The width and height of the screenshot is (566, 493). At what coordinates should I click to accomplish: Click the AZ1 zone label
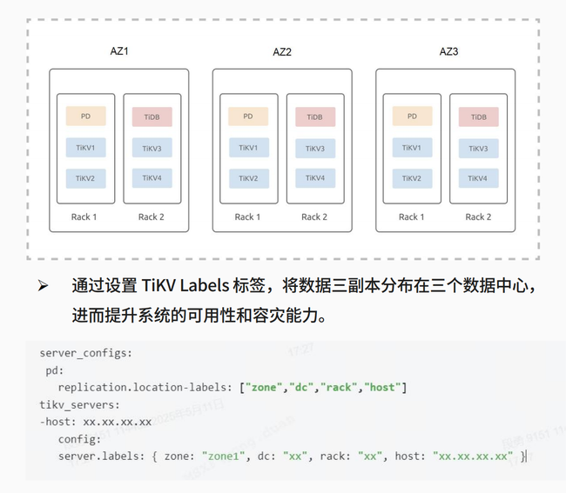point(119,51)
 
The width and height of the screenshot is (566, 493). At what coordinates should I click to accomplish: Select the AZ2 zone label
point(282,52)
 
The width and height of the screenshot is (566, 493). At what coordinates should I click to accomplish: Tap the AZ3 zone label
point(448,51)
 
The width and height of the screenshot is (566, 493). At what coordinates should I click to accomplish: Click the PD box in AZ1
point(85,116)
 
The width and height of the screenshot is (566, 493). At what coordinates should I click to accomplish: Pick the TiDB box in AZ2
point(315,117)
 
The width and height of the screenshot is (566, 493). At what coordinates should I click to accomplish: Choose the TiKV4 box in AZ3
point(478,178)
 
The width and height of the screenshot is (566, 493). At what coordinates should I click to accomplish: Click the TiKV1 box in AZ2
point(248,148)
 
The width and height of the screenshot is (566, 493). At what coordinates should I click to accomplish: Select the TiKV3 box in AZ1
point(152,149)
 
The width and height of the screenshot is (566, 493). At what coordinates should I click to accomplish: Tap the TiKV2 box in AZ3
point(412,178)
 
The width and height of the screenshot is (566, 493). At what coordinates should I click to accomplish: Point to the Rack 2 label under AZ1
point(152,217)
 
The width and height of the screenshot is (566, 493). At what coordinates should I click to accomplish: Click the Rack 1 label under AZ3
point(412,217)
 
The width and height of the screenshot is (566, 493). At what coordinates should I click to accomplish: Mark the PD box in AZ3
point(412,116)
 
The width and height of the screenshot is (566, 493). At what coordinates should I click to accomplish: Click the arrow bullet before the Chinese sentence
point(42,286)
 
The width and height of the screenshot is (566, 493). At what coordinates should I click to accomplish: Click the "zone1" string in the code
point(228,456)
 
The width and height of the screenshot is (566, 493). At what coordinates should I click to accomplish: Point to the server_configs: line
point(85,353)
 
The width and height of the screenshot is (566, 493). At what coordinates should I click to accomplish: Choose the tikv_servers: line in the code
point(79,404)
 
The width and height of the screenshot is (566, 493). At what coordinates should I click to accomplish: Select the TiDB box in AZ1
point(152,117)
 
